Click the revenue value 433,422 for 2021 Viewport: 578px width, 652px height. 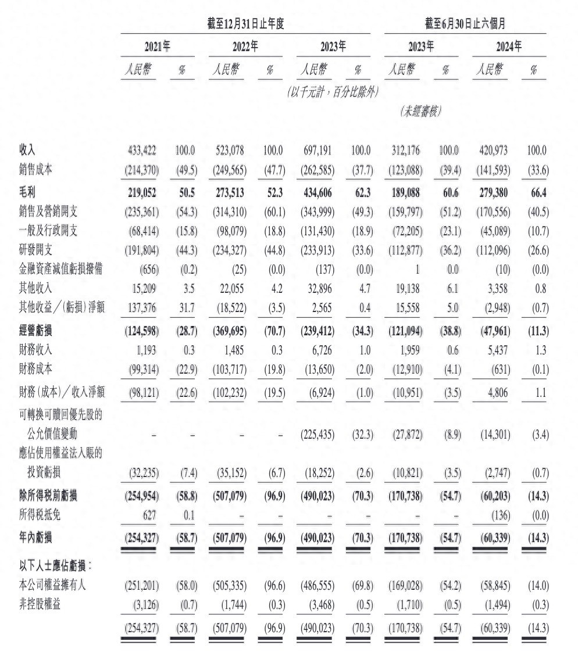(x=142, y=151)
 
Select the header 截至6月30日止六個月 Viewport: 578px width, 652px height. (x=465, y=24)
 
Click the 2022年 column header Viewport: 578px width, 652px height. (x=245, y=46)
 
